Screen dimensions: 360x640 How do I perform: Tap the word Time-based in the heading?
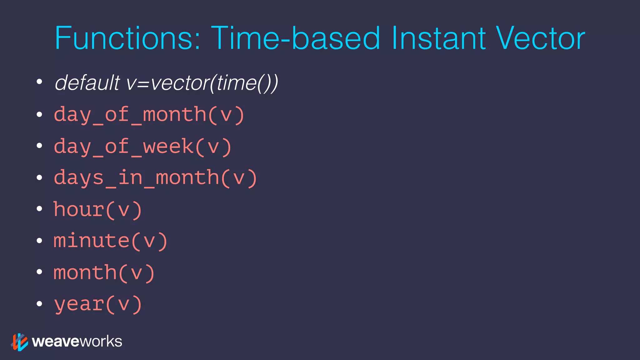pyautogui.click(x=295, y=38)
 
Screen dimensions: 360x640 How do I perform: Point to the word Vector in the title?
pyautogui.click(x=540, y=38)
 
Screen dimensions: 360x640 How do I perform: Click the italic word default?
pyautogui.click(x=87, y=83)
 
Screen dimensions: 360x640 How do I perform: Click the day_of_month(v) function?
pyautogui.click(x=149, y=115)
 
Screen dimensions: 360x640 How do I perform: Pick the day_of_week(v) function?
pyautogui.click(x=142, y=147)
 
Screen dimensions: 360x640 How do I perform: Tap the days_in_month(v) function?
pyautogui.click(x=155, y=178)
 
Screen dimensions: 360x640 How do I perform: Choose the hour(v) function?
pyautogui.click(x=98, y=210)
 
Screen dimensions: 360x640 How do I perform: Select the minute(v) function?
pyautogui.click(x=111, y=241)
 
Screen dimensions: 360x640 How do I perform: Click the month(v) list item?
pyautogui.click(x=104, y=273)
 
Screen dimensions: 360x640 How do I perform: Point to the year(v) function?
pyautogui.click(x=98, y=304)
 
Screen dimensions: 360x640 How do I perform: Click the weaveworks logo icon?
pyautogui.click(x=19, y=342)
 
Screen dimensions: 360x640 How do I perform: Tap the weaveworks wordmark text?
pyautogui.click(x=77, y=342)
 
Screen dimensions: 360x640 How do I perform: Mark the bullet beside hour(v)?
pyautogui.click(x=39, y=208)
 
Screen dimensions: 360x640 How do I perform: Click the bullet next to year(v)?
pyautogui.click(x=39, y=303)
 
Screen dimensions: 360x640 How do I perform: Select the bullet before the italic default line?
pyautogui.click(x=39, y=82)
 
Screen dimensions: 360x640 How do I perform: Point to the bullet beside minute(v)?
pyautogui.click(x=39, y=240)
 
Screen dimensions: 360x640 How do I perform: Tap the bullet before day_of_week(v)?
pyautogui.click(x=39, y=145)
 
